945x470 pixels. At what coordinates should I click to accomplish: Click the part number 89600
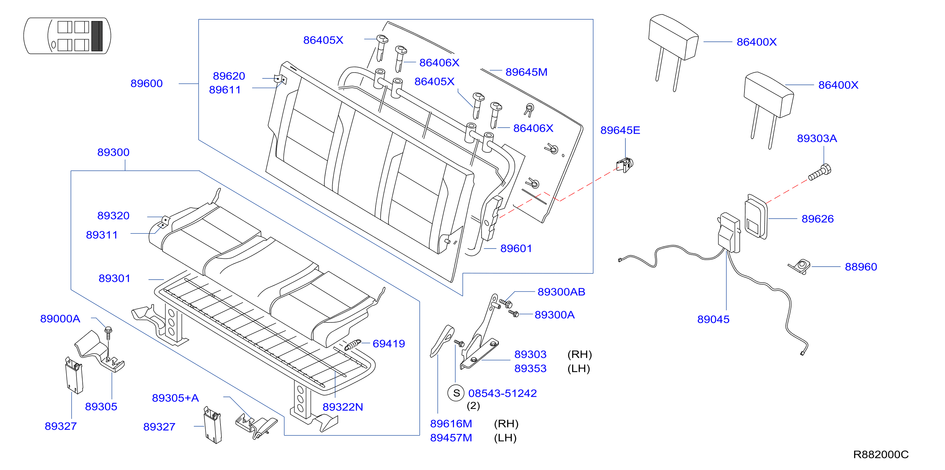coord(146,84)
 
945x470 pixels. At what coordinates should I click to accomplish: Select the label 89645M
coord(526,72)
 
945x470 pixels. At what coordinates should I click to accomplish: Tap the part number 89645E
coord(620,130)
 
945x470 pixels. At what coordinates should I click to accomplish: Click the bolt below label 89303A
coord(820,172)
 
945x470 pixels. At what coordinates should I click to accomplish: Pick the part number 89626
coord(817,219)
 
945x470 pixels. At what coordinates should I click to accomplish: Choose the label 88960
coord(861,267)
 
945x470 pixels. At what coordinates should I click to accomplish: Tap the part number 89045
coord(713,319)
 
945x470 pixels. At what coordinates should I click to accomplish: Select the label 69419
coord(388,344)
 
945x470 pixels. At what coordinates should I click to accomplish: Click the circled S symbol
coord(456,393)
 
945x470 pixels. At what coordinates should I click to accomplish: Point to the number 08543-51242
coord(502,393)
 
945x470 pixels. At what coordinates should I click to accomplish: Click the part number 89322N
coord(343,407)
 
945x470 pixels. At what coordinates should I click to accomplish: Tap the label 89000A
coord(60,319)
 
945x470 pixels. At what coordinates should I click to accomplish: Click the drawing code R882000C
coord(880,454)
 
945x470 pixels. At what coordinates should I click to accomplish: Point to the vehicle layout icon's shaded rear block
coord(97,36)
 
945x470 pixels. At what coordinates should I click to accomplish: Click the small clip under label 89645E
coord(625,165)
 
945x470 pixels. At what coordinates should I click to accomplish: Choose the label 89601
coord(516,249)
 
